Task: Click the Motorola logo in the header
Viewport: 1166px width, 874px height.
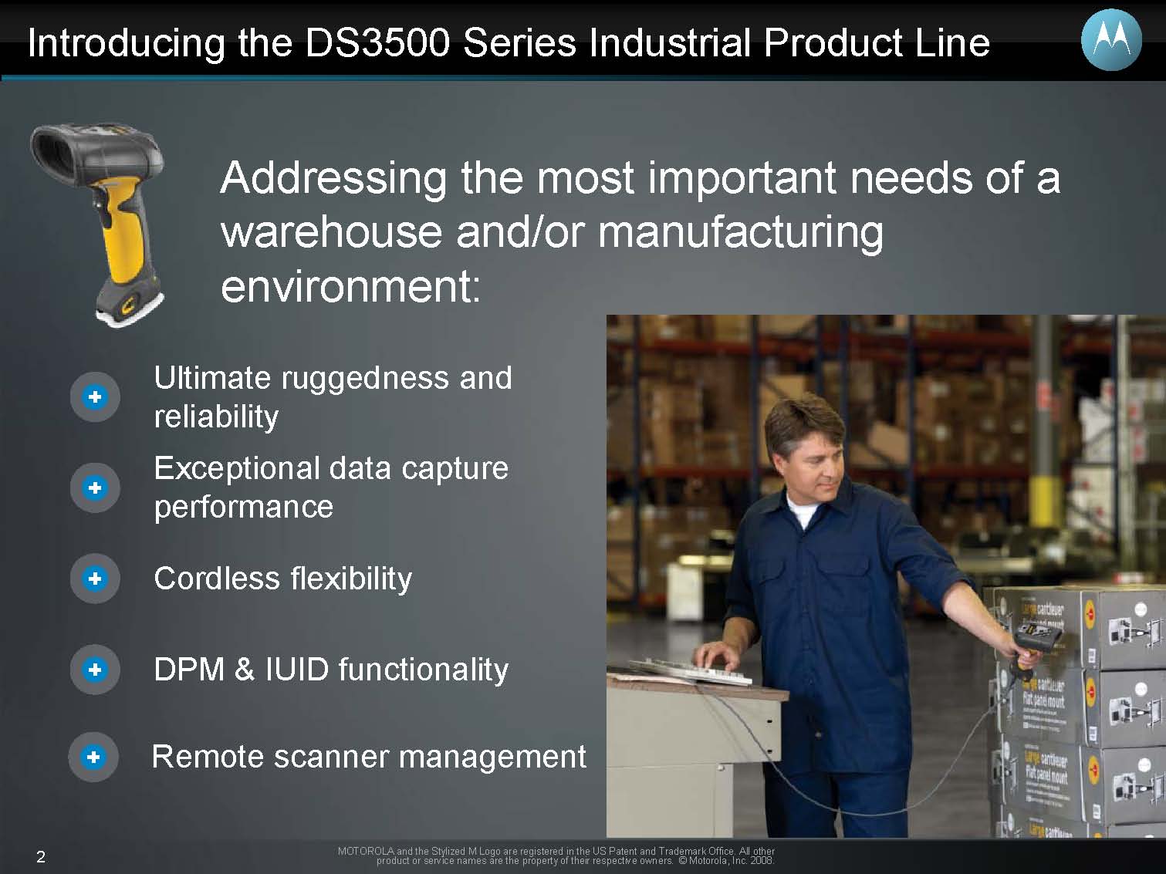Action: pos(1111,39)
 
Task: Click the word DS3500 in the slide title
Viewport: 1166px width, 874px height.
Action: pos(377,42)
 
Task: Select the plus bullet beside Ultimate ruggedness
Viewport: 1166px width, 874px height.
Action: pos(95,397)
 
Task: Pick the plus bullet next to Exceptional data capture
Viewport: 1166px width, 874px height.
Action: pos(95,488)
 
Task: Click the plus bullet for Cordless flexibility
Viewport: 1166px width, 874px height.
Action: pos(95,579)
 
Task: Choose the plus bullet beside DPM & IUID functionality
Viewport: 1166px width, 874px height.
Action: pos(95,670)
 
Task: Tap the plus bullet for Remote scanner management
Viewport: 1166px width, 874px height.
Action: pos(93,757)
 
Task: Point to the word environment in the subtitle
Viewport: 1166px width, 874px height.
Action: pos(350,287)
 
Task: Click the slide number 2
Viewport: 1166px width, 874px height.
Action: pos(41,856)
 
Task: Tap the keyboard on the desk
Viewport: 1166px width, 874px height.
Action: pos(691,671)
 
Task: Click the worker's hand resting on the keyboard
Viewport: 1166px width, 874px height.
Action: pos(717,655)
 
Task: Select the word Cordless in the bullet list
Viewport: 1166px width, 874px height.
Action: pos(217,578)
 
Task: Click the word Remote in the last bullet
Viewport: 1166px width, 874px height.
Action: pos(208,756)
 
